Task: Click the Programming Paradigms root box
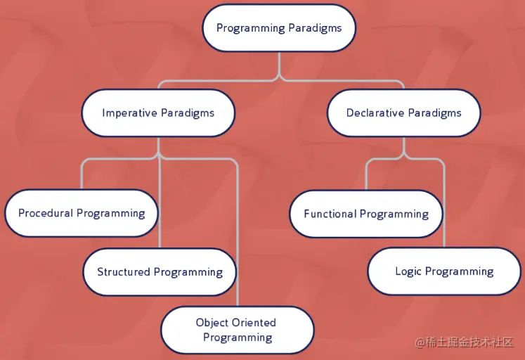tap(279, 28)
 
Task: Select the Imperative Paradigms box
tap(158, 112)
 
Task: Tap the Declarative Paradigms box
tap(403, 112)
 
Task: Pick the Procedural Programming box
tap(82, 213)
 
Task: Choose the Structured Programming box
tap(160, 271)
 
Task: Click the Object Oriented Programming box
tap(237, 330)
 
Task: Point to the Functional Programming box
tap(366, 214)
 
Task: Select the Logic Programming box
tap(444, 271)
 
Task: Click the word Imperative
tap(129, 112)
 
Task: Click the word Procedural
tap(46, 213)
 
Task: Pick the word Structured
tap(124, 271)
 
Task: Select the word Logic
tap(408, 271)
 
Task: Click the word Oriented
tap(254, 323)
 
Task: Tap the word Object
tap(212, 323)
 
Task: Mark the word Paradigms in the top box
tap(315, 28)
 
